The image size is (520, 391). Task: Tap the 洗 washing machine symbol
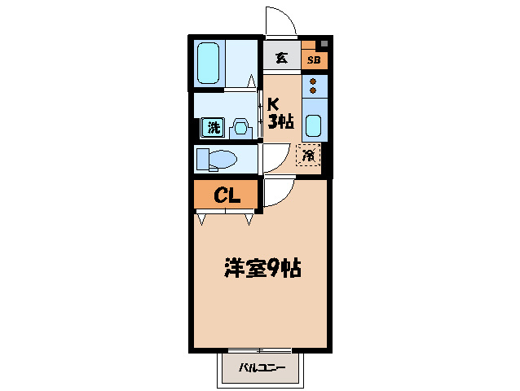213,128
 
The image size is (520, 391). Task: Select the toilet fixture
218,158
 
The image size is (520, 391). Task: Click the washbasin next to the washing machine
240,128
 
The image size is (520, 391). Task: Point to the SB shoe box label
314,60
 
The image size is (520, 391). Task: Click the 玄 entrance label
281,58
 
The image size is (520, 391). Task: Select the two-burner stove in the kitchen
314,86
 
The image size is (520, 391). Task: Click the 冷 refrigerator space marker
309,154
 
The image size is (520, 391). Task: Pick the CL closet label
226,195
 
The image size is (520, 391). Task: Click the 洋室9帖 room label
263,267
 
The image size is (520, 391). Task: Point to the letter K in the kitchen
275,104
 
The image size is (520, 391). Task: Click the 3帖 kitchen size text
281,123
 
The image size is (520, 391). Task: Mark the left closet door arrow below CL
201,218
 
